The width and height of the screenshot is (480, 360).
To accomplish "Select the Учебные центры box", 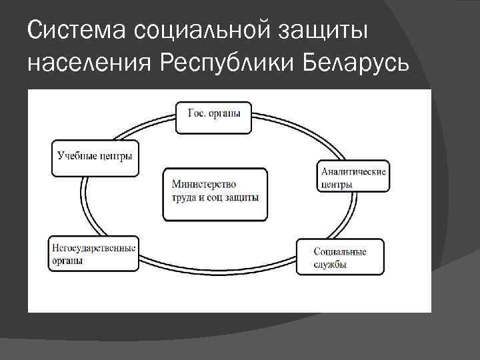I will pyautogui.click(x=95, y=158).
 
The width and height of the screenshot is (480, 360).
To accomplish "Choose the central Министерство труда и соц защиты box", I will pyautogui.click(x=215, y=194).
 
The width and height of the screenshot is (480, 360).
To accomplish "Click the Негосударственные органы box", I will pyautogui.click(x=94, y=253).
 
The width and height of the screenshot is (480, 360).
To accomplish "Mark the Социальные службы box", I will pyautogui.click(x=340, y=257).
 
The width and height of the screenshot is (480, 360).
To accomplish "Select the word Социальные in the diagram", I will pyautogui.click(x=340, y=251).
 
